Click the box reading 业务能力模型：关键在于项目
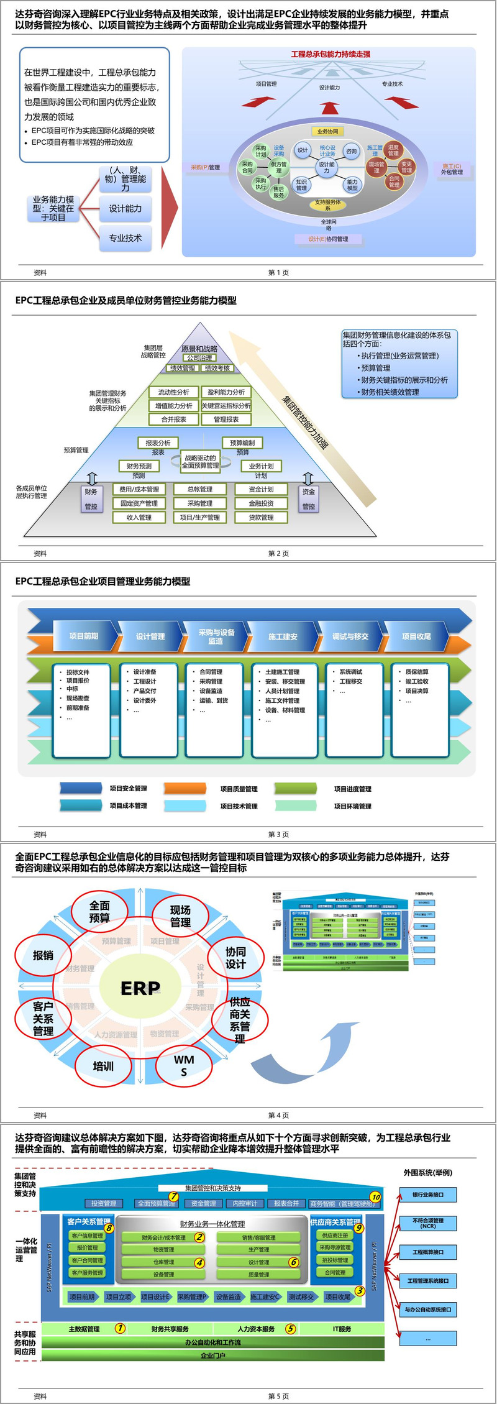coord(53,209)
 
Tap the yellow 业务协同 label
coord(327,131)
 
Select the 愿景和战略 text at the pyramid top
coord(199,349)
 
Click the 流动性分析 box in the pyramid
coord(173,392)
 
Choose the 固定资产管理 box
coord(139,503)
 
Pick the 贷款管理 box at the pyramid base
coord(261,517)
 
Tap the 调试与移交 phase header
coord(350,636)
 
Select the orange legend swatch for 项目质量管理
coord(185,789)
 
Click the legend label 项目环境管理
coord(352,806)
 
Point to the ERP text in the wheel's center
coord(140,988)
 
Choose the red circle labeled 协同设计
coord(235,958)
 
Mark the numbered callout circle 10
coord(375,1196)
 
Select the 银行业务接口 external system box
coord(428,1195)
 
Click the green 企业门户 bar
coord(212,1356)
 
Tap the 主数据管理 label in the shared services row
coord(84,1329)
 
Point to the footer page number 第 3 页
coord(278,835)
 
